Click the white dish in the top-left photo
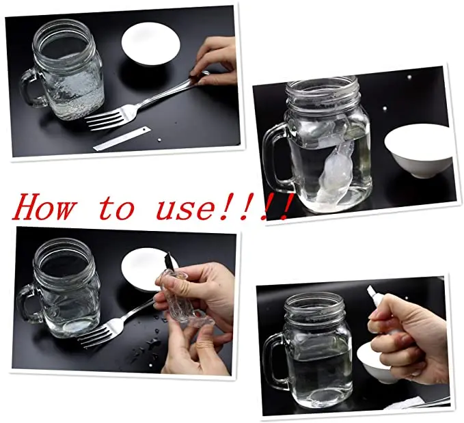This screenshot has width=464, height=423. point(150,43)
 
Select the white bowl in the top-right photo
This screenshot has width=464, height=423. point(418,150)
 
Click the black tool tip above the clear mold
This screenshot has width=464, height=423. point(169,260)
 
